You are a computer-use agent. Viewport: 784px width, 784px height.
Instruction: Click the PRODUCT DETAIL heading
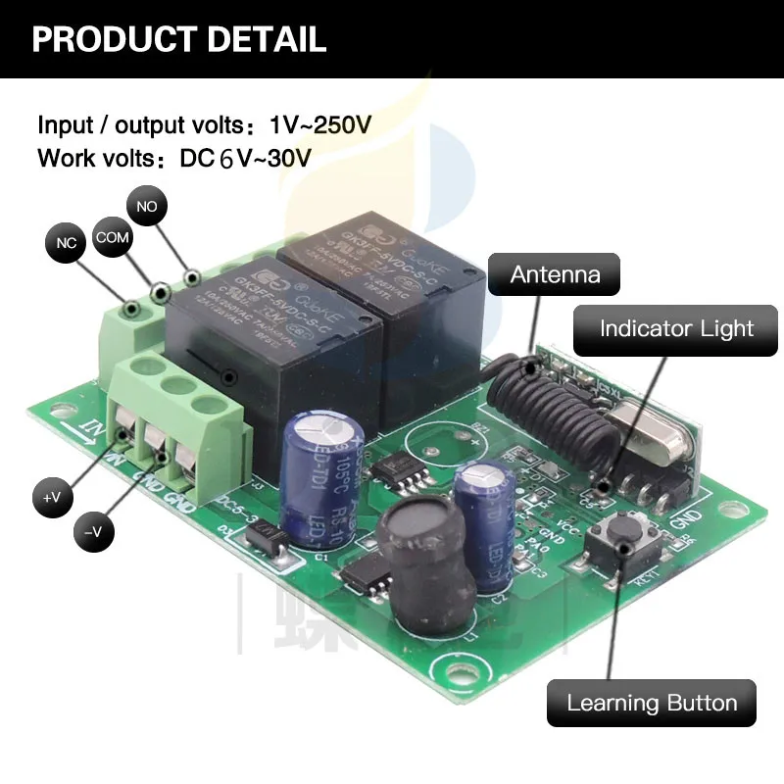[179, 39]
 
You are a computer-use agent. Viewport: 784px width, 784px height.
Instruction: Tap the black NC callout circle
[66, 243]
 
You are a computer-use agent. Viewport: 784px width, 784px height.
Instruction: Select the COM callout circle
[112, 238]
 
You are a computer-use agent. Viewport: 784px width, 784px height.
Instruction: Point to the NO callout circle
[148, 207]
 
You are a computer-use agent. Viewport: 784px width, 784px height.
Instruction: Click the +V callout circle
[52, 497]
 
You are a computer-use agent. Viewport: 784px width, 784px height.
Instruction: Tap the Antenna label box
[555, 273]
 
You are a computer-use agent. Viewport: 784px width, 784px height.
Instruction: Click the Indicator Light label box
[676, 328]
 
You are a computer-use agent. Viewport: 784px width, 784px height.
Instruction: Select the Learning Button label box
[652, 703]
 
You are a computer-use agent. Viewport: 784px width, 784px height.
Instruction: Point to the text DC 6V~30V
[246, 158]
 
